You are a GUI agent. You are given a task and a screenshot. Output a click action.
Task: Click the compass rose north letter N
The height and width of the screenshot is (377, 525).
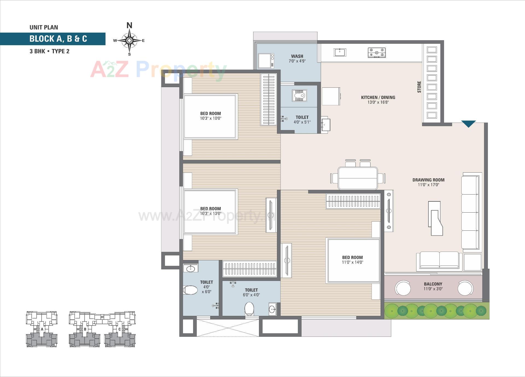click(x=129, y=25)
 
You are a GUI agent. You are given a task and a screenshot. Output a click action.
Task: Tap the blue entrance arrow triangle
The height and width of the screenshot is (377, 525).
click(x=468, y=124)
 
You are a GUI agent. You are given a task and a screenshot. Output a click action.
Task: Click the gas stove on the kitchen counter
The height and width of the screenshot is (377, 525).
click(x=377, y=52)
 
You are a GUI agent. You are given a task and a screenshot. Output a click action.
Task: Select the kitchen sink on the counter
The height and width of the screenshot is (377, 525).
click(x=340, y=52)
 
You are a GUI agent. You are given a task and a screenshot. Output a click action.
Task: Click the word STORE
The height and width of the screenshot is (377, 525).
click(x=419, y=87)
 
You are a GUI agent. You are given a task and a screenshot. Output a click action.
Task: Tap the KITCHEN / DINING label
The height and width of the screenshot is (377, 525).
click(x=378, y=97)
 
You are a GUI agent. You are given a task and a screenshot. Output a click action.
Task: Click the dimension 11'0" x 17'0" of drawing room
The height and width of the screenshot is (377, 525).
click(x=428, y=185)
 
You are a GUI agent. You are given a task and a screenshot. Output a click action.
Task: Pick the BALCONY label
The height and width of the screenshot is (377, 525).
click(x=433, y=284)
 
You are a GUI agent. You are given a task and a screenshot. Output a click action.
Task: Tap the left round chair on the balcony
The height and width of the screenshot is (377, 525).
click(x=402, y=288)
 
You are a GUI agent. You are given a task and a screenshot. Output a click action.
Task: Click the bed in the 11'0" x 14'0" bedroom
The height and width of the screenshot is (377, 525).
click(x=353, y=260)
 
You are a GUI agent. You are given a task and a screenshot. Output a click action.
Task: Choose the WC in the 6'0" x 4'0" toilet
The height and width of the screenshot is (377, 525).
click(x=249, y=309)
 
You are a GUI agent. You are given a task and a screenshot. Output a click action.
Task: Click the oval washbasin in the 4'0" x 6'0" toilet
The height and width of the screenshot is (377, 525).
click(x=190, y=269)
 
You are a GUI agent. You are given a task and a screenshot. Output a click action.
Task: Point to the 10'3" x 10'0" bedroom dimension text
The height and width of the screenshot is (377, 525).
click(x=211, y=118)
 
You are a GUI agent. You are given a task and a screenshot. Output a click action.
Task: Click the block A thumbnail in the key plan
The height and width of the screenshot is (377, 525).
click(x=42, y=329)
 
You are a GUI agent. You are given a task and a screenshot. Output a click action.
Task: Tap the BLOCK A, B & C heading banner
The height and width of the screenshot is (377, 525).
click(x=58, y=39)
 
